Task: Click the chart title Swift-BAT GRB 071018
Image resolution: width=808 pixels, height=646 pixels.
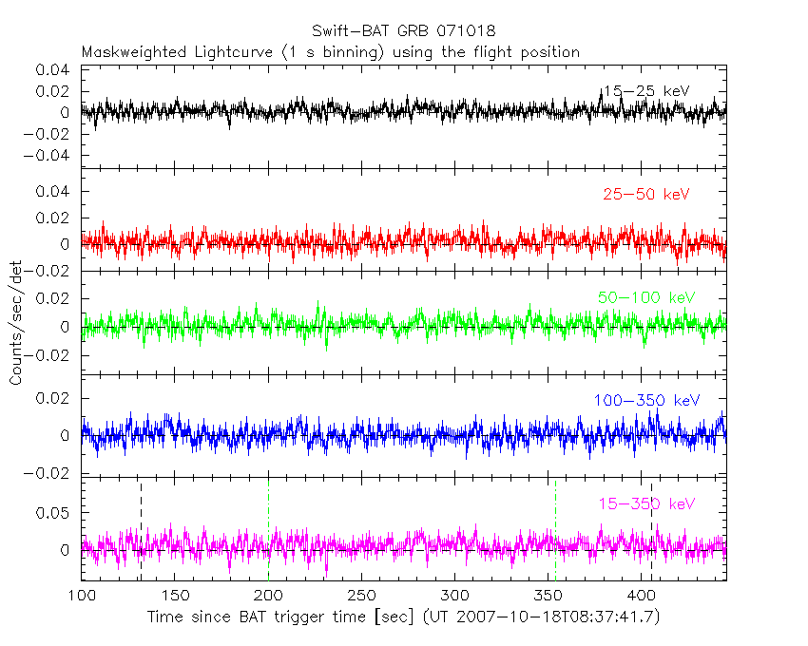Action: click(x=403, y=31)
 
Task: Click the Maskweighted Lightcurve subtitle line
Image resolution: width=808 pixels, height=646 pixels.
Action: click(x=331, y=52)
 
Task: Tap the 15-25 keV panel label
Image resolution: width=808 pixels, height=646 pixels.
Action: click(x=645, y=91)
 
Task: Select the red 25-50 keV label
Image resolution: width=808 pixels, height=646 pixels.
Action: click(x=645, y=195)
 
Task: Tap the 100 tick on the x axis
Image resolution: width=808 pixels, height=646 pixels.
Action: click(x=82, y=596)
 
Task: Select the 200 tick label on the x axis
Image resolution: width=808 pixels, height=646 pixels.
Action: click(x=268, y=596)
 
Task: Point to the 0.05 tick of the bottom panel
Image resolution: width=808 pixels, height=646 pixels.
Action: click(x=58, y=513)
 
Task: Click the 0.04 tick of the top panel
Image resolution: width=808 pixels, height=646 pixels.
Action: click(x=58, y=70)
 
